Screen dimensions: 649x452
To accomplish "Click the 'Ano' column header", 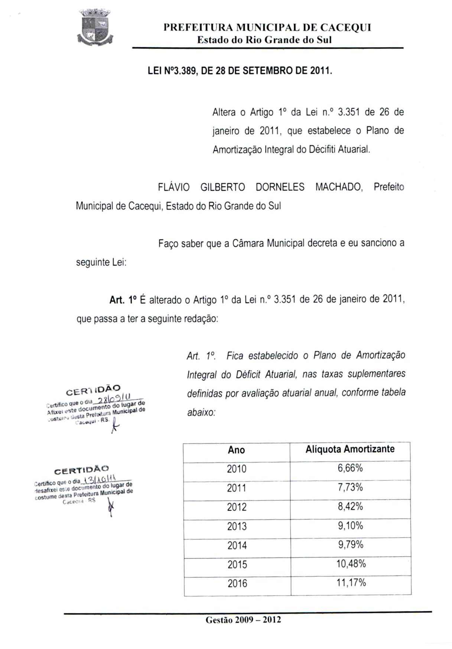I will (236, 450).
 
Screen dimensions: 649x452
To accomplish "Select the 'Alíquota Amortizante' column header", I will (350, 449).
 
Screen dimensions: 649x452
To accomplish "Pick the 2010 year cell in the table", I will (236, 469).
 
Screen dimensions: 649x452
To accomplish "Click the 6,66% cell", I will (350, 468).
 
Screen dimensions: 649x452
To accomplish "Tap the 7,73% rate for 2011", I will (350, 487).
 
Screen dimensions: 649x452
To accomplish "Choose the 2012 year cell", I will (237, 507).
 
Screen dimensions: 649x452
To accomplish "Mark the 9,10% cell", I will (350, 526).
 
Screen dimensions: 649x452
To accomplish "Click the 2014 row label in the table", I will (237, 546).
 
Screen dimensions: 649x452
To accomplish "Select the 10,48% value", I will (351, 564).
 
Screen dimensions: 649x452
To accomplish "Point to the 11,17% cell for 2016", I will (351, 582).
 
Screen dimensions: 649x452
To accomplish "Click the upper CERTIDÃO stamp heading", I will (93, 390).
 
